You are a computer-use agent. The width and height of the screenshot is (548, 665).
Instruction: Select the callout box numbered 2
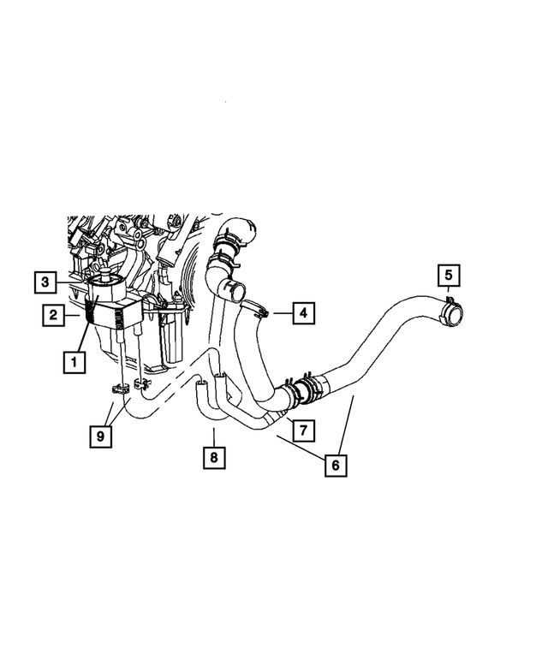point(53,315)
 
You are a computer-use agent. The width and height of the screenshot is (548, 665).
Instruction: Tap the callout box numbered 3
point(46,280)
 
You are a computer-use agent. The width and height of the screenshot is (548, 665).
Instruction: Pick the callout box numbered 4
point(302,314)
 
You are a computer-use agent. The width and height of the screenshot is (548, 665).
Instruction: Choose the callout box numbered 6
point(336,465)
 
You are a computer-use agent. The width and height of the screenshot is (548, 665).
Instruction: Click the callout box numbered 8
point(214,458)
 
